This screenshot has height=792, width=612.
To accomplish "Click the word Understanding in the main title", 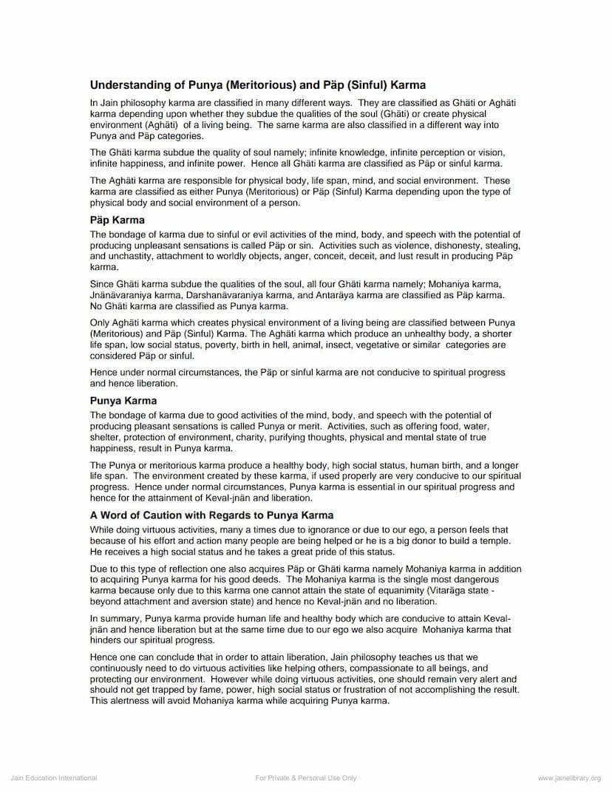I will click(x=126, y=86).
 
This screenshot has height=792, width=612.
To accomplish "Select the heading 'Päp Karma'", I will click(x=118, y=220).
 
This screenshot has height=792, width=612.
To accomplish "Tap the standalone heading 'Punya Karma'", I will click(x=123, y=401).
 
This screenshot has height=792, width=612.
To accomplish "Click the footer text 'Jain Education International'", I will click(x=54, y=778).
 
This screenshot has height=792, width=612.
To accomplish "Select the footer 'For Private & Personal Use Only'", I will click(x=306, y=778).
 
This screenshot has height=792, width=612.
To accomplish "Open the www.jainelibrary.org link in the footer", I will click(x=569, y=778).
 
